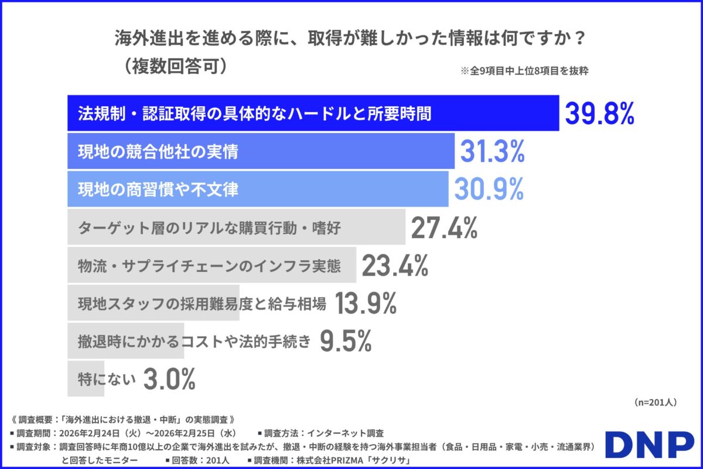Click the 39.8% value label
pos(599,114)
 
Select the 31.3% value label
pos(492,152)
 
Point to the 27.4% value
pos(444,227)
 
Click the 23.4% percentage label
pos(395,266)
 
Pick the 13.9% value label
pos(366,304)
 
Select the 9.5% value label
pos(346,342)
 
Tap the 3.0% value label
pos(169,380)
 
